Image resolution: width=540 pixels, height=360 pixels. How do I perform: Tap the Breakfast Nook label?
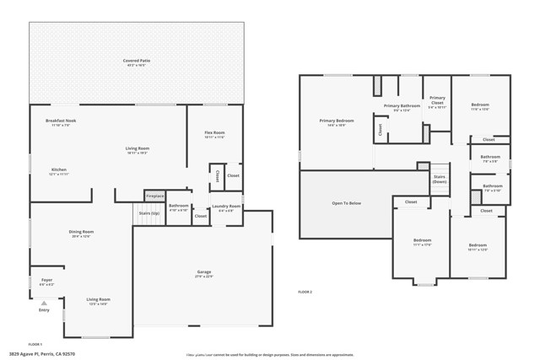(x=61, y=121)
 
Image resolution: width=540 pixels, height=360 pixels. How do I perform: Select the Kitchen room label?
(x=58, y=169)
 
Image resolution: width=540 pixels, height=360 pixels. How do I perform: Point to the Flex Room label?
(x=214, y=133)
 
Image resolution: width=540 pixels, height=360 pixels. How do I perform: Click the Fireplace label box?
(x=154, y=196)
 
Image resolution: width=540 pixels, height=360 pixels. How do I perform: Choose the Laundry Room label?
(x=226, y=207)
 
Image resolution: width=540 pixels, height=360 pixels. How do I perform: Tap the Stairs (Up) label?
(x=149, y=213)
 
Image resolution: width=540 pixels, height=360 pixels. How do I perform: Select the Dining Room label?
(x=81, y=232)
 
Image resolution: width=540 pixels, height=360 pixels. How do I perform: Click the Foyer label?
(x=46, y=281)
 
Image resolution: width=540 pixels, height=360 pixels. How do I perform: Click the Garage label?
(x=204, y=272)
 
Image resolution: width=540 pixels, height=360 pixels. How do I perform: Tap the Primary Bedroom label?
(x=337, y=121)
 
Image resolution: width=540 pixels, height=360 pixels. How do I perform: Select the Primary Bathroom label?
(x=402, y=106)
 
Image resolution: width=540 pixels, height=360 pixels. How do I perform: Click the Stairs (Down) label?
(x=439, y=179)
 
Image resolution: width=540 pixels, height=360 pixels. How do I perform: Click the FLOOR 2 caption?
(x=305, y=292)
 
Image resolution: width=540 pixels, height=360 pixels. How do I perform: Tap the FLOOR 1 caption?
(x=35, y=344)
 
